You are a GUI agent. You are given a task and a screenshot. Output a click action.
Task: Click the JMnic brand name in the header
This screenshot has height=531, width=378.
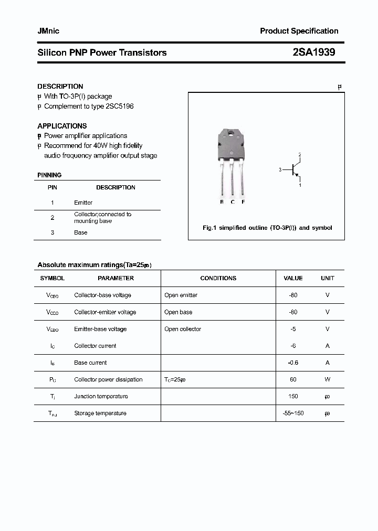click(x=48, y=31)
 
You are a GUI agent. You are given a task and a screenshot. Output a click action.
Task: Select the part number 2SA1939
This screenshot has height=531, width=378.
click(x=314, y=52)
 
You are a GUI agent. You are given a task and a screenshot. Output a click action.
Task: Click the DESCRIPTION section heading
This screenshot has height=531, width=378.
click(x=60, y=86)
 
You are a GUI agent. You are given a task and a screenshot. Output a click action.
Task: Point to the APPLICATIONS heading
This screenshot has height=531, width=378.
click(x=62, y=126)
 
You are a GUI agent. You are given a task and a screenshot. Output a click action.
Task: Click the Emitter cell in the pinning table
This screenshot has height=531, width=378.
click(x=83, y=203)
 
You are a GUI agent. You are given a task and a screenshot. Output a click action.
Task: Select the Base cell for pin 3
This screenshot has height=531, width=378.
click(x=80, y=232)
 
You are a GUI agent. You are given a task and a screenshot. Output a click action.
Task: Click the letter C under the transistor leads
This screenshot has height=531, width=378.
click(x=233, y=202)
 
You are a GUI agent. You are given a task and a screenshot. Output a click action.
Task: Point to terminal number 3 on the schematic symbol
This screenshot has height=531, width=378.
click(x=281, y=169)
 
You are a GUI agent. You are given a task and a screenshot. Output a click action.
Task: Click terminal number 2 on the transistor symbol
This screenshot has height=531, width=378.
click(x=300, y=155)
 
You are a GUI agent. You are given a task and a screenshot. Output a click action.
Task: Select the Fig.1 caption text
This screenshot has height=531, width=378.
click(x=267, y=228)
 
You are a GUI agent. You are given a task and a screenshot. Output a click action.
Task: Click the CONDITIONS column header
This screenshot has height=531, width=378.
click(x=218, y=278)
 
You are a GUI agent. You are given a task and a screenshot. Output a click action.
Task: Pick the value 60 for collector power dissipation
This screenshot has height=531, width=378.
click(x=293, y=379)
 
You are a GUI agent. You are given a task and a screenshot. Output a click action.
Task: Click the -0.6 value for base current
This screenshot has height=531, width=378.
click(x=293, y=363)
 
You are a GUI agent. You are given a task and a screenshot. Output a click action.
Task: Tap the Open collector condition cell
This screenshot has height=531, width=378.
click(x=183, y=329)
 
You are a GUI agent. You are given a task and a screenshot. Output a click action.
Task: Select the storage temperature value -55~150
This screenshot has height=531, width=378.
click(x=293, y=413)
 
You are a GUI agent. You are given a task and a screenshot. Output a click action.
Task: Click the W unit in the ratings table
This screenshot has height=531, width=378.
click(x=327, y=379)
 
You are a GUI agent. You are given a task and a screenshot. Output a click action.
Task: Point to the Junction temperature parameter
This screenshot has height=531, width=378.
click(x=101, y=396)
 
